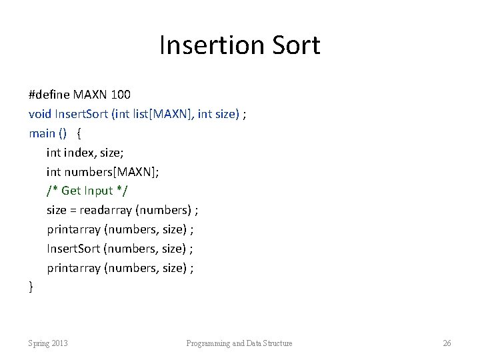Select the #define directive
click(51, 95)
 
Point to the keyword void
click(40, 114)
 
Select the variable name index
click(81, 153)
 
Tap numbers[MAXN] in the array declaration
click(113, 171)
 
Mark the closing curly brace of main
click(31, 287)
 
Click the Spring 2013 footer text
click(48, 343)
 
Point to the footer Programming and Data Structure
click(239, 343)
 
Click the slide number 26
click(447, 343)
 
